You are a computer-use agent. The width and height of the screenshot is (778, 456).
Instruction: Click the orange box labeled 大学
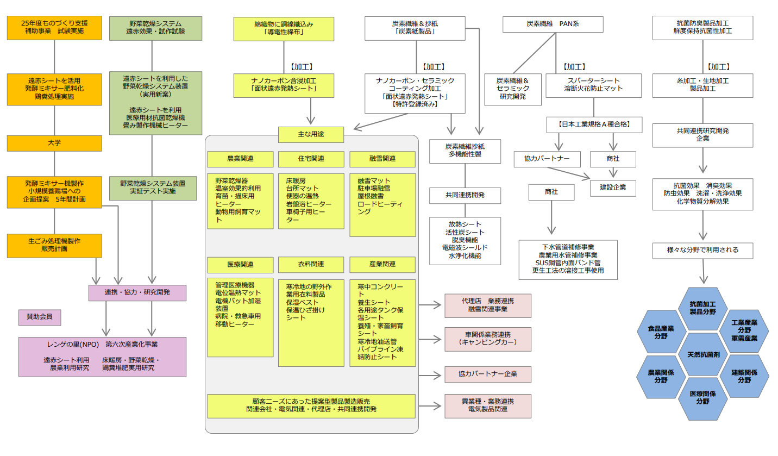click(54, 143)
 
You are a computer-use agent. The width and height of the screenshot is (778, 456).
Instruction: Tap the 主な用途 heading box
click(311, 134)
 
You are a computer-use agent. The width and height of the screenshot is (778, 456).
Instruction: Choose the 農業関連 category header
click(240, 159)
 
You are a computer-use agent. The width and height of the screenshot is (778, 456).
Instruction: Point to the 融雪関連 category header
click(382, 159)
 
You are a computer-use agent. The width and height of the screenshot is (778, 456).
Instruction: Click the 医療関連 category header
click(240, 264)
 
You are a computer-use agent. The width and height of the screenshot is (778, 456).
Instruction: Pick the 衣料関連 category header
click(311, 264)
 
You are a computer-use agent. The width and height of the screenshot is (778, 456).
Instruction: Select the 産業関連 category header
click(382, 264)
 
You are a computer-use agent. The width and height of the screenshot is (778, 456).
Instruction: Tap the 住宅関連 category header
click(311, 159)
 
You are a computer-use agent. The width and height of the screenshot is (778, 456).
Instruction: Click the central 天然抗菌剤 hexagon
click(703, 354)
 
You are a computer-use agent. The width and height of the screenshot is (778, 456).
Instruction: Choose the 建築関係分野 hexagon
click(744, 376)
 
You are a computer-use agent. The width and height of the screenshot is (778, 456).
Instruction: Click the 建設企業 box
click(613, 188)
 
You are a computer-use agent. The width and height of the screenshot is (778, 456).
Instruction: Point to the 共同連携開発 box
click(465, 195)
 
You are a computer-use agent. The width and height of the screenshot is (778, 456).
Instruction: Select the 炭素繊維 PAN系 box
click(553, 24)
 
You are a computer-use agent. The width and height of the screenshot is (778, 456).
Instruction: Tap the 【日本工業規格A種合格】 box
click(594, 124)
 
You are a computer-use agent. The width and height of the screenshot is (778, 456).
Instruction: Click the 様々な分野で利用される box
click(702, 250)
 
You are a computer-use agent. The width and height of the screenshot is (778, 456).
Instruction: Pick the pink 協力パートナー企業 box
click(487, 374)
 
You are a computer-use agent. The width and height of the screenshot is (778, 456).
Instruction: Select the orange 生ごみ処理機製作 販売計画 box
click(54, 245)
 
